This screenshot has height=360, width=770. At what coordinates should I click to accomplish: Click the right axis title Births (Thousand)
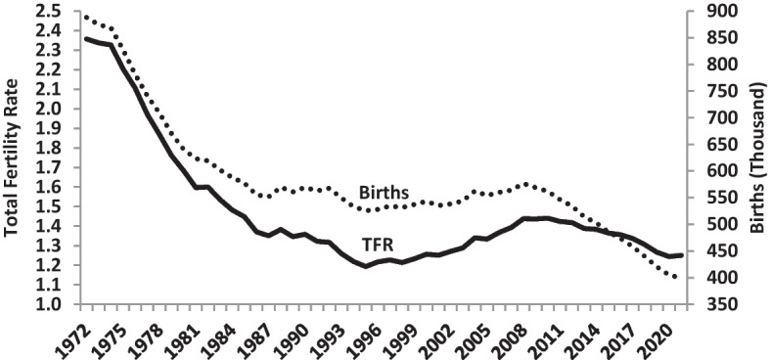coord(756,157)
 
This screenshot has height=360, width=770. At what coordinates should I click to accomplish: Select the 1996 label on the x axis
coord(365,334)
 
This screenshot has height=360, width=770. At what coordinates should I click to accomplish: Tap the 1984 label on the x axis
coord(222,334)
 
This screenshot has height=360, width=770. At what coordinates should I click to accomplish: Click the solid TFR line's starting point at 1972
coord(86,38)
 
